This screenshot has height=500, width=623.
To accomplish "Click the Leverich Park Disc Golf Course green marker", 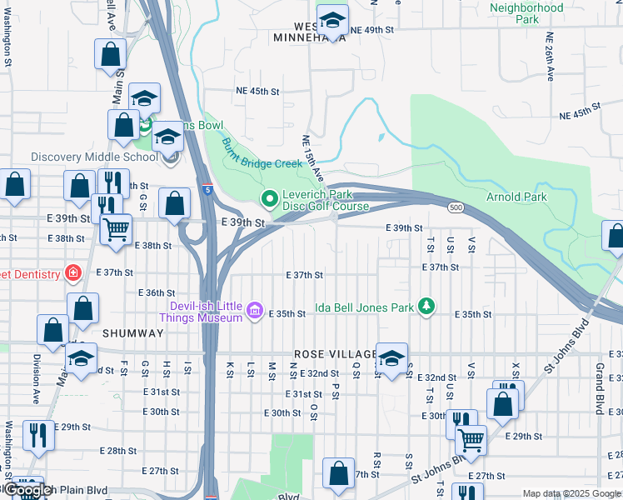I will pyautogui.click(x=268, y=199).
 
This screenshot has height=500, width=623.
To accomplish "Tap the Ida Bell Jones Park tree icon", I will pyautogui.click(x=426, y=307).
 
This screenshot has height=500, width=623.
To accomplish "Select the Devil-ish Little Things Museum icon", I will pyautogui.click(x=255, y=312).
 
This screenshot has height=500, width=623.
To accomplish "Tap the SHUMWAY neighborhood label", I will pyautogui.click(x=132, y=332).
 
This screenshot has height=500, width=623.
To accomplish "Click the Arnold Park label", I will pyautogui.click(x=517, y=197).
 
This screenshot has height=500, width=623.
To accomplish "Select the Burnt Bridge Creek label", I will pyautogui.click(x=261, y=152).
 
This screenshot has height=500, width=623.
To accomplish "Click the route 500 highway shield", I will pyautogui.click(x=455, y=207).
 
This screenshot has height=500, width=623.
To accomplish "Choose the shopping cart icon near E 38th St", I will pyautogui.click(x=116, y=227).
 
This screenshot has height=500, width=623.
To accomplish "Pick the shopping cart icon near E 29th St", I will pyautogui.click(x=471, y=437).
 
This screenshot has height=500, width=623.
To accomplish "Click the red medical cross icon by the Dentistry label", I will pyautogui.click(x=73, y=273).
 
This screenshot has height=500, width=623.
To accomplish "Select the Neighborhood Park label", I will pyautogui.click(x=526, y=13).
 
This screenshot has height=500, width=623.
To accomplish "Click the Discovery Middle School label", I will pyautogui.click(x=94, y=157).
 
